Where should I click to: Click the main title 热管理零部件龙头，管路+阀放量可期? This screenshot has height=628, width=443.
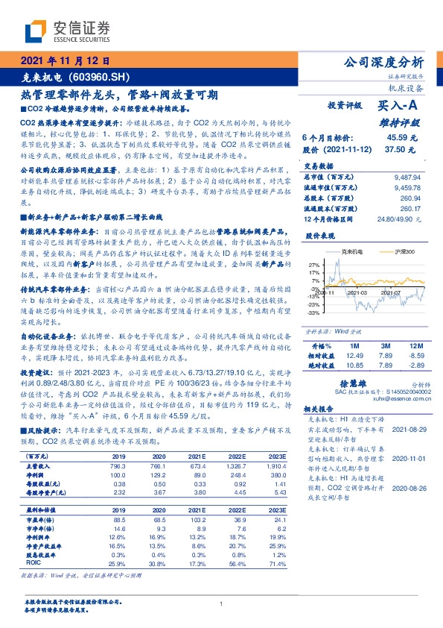[119, 95]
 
